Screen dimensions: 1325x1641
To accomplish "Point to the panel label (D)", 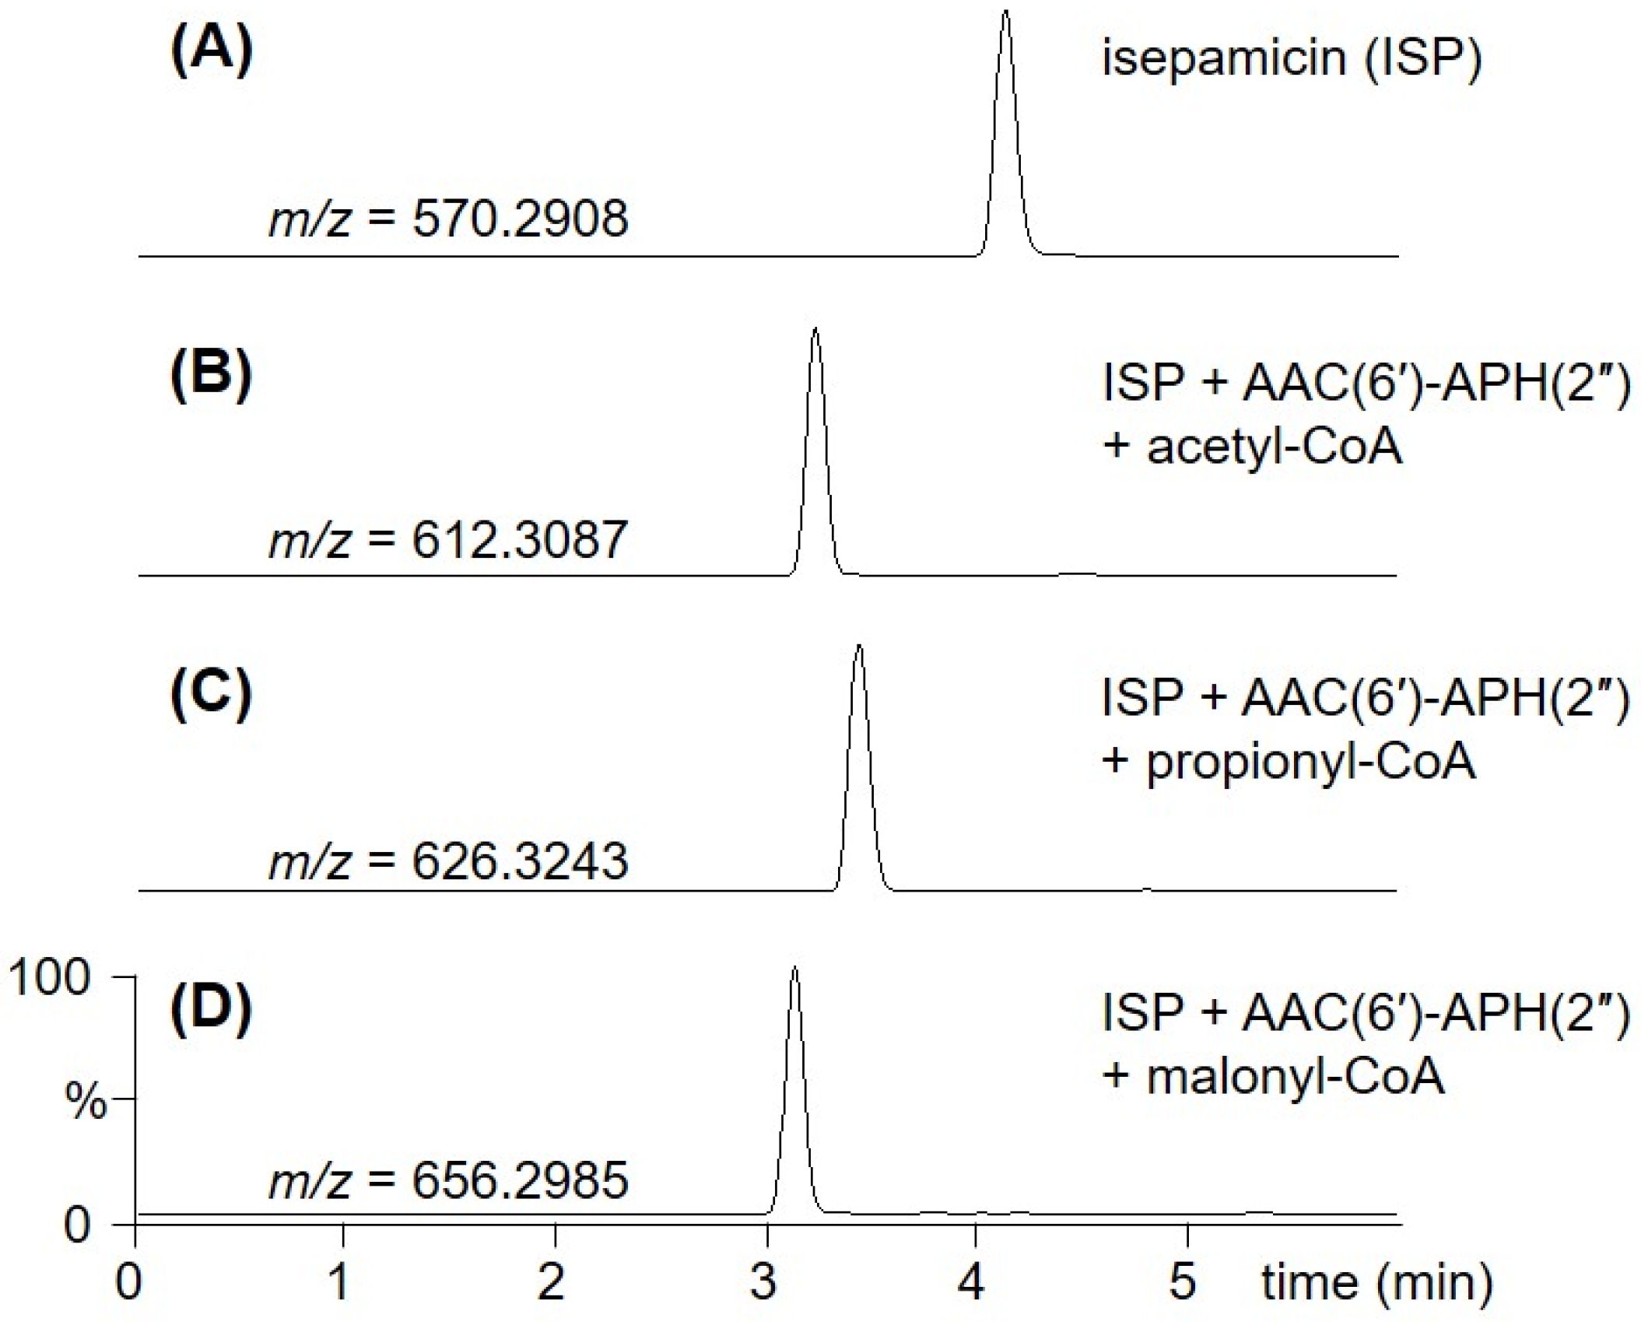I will [211, 1010].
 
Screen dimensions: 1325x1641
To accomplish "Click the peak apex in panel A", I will [1005, 12].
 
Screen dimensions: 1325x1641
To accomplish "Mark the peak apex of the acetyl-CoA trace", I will [815, 330].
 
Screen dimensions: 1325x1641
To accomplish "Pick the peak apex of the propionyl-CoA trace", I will [858, 646].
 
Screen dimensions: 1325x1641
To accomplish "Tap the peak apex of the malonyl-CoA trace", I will [794, 968].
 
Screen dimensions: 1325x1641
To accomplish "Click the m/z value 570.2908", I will [520, 219].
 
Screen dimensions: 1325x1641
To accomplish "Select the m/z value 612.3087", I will [520, 540].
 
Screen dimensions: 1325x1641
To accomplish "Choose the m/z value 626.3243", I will [520, 861].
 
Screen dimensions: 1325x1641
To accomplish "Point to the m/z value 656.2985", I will [520, 1180].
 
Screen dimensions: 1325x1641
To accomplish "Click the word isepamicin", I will [1224, 58].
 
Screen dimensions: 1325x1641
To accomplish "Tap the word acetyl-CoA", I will [1275, 447].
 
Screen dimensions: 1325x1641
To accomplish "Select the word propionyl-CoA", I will [1311, 762].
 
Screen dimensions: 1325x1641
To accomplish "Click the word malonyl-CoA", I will [1296, 1078].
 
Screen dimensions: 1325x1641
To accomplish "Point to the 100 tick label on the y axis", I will [50, 977].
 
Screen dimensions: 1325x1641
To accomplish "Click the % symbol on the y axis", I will [85, 1100].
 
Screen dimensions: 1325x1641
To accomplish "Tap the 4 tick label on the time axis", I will [971, 1281].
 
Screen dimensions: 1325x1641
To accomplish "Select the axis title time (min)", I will [1376, 1281].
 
